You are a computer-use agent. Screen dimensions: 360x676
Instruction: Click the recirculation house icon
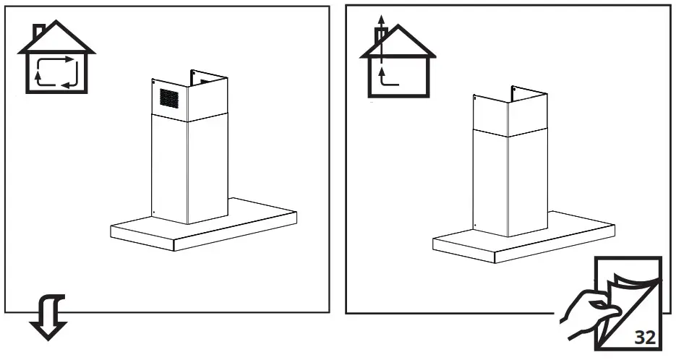click(55, 61)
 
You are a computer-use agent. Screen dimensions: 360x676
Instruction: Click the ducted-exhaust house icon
click(398, 61)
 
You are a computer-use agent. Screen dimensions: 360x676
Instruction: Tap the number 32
click(646, 337)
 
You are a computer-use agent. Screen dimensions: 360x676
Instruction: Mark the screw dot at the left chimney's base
click(153, 212)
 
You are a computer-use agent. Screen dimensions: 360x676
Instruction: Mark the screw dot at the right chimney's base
click(474, 226)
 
